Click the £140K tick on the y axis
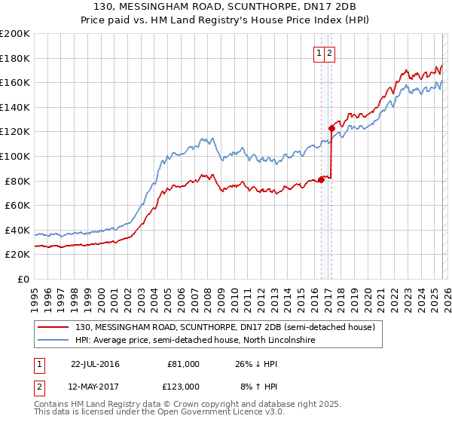pyautogui.click(x=15, y=107)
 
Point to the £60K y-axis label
pyautogui.click(x=15, y=205)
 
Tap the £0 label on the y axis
pyautogui.click(x=20, y=279)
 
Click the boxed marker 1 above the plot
pyautogui.click(x=319, y=53)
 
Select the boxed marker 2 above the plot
pyautogui.click(x=331, y=53)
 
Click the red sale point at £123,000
pyautogui.click(x=331, y=128)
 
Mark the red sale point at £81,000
pyautogui.click(x=321, y=179)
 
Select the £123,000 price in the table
pyautogui.click(x=183, y=386)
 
